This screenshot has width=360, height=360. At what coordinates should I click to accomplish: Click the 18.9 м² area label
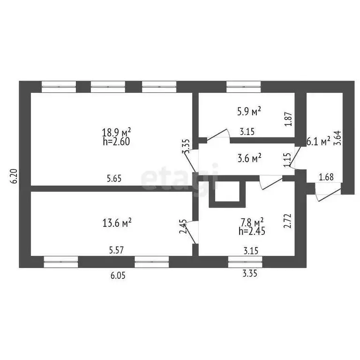116,133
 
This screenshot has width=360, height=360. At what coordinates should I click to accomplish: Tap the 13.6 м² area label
117,223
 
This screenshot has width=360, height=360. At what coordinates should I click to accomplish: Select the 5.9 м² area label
249,111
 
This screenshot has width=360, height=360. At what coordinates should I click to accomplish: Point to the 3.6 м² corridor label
249,158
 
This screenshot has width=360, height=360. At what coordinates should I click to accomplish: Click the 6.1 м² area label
318,142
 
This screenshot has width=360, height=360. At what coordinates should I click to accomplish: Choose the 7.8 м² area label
252,222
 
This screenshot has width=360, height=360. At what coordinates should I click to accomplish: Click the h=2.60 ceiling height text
116,142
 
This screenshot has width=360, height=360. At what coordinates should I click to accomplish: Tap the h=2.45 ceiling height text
252,231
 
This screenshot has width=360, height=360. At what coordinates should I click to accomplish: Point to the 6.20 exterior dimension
14,176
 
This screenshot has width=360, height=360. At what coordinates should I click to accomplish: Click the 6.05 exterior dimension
118,276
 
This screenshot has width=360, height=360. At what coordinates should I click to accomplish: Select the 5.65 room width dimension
114,179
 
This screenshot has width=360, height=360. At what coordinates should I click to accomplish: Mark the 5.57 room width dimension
116,250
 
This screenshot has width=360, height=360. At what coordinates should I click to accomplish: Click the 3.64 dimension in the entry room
338,138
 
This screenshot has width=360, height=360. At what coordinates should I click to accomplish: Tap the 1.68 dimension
326,177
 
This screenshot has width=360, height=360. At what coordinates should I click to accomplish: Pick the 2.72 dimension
288,221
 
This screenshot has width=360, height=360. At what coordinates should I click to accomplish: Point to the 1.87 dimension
289,119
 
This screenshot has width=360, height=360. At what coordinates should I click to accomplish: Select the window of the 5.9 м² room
244,87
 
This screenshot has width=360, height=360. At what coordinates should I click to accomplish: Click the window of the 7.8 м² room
246,262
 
